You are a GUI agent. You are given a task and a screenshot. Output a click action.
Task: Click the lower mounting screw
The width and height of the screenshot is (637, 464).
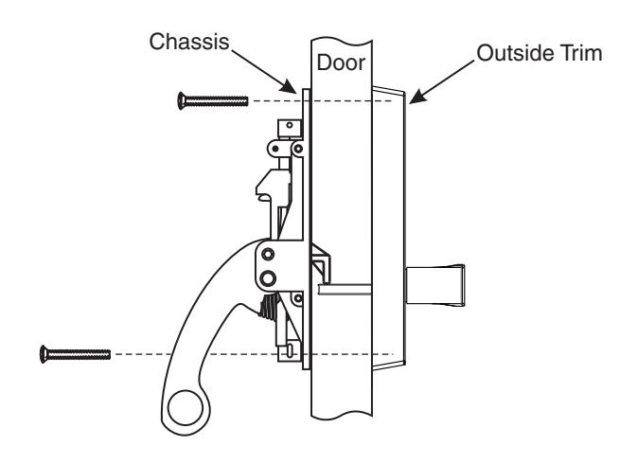point(75,353)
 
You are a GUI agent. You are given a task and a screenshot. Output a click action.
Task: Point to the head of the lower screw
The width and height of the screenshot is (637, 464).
point(44,353)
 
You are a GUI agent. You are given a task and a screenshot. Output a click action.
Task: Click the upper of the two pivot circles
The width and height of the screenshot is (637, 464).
point(269,255)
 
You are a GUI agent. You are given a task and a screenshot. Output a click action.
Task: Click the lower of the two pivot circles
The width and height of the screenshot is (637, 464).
point(269,277)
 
